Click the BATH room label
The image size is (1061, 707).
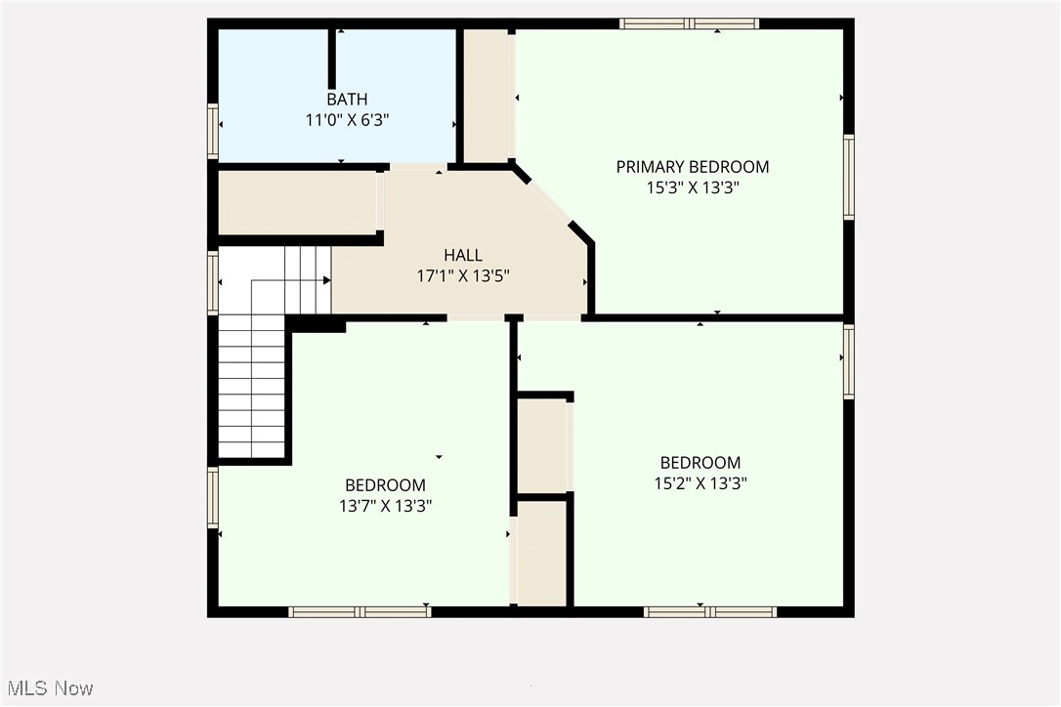click(x=347, y=99)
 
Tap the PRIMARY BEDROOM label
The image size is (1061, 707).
click(x=692, y=167)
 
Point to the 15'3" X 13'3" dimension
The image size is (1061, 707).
click(x=692, y=187)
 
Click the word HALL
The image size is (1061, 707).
click(x=463, y=255)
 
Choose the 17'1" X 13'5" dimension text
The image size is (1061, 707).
click(x=463, y=275)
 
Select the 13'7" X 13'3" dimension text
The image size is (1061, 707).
click(x=385, y=506)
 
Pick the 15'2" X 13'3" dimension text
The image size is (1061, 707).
click(x=700, y=482)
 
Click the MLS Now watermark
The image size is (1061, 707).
click(x=48, y=688)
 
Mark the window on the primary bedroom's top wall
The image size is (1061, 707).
click(x=689, y=23)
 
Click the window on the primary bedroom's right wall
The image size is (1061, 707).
click(x=848, y=177)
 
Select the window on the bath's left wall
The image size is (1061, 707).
click(x=213, y=131)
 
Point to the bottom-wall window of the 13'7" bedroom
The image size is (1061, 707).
click(x=360, y=612)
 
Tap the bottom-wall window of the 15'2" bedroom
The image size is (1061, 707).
click(x=710, y=612)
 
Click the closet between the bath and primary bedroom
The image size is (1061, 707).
click(x=485, y=96)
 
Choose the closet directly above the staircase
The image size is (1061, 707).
click(x=296, y=202)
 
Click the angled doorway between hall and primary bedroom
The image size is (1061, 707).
click(x=550, y=203)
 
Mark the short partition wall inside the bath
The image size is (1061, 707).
click(x=332, y=59)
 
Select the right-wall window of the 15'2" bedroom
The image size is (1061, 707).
click(x=848, y=361)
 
